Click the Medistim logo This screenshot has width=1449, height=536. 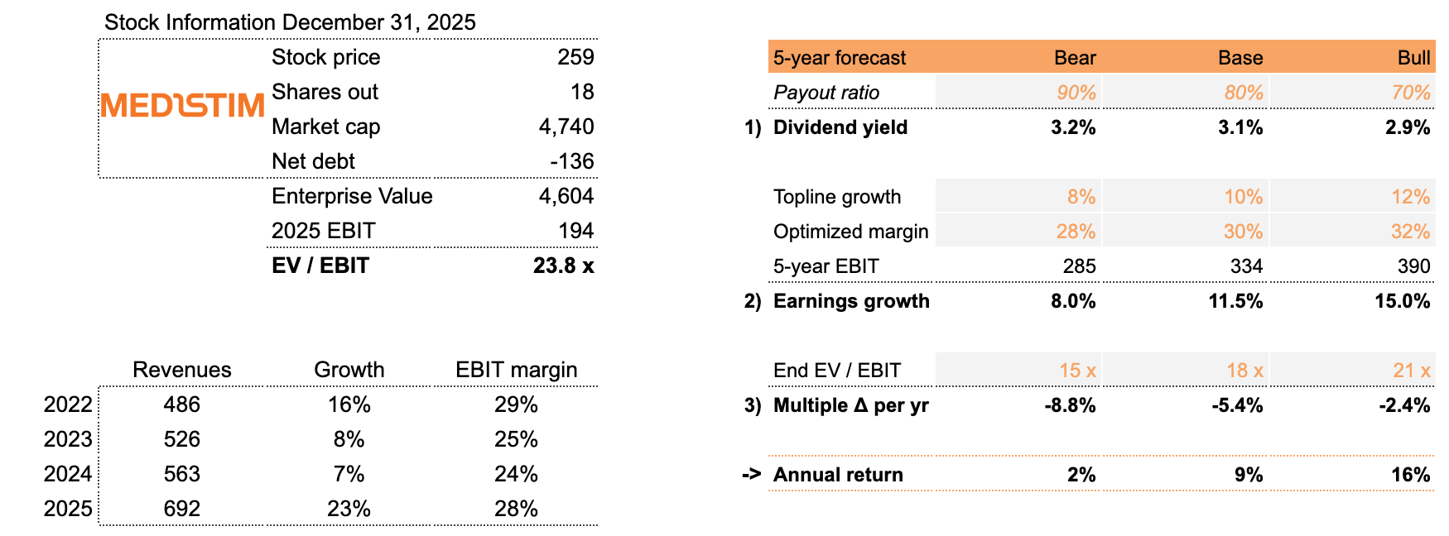(x=182, y=105)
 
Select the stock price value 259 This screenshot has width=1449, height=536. (x=575, y=57)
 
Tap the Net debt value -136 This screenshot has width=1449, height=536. (x=572, y=161)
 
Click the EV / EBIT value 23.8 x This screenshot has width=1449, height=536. (x=564, y=266)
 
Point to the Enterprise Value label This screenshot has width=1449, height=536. (x=352, y=196)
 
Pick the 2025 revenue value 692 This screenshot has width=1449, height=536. (x=182, y=509)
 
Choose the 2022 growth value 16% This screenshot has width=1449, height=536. (x=349, y=404)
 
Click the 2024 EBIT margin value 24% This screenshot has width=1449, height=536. (x=516, y=474)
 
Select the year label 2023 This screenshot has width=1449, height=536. (x=68, y=439)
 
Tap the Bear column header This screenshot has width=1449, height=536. (x=1075, y=58)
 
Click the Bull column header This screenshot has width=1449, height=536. (x=1413, y=58)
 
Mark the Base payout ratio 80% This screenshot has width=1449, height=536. (x=1244, y=93)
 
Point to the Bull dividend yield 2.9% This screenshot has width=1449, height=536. (x=1408, y=127)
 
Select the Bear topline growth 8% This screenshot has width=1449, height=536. (x=1081, y=197)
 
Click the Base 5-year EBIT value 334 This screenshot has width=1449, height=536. (x=1246, y=266)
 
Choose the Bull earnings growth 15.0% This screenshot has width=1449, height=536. (x=1403, y=301)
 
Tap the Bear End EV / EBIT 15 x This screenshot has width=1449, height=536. (x=1077, y=371)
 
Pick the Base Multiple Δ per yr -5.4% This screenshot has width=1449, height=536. (x=1237, y=405)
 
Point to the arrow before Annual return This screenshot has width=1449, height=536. (x=752, y=475)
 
